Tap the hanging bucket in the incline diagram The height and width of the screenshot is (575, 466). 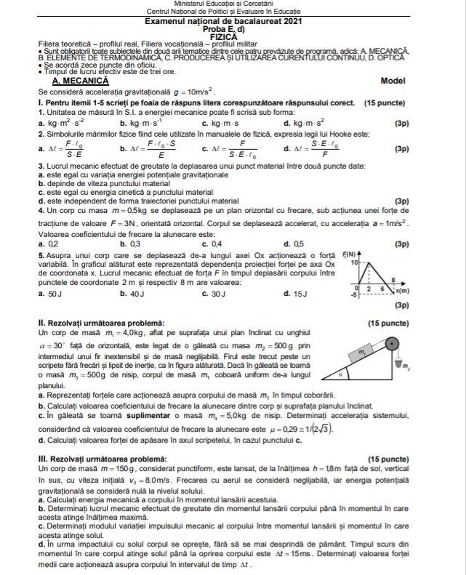(396, 364)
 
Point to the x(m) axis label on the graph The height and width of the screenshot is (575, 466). (401, 291)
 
